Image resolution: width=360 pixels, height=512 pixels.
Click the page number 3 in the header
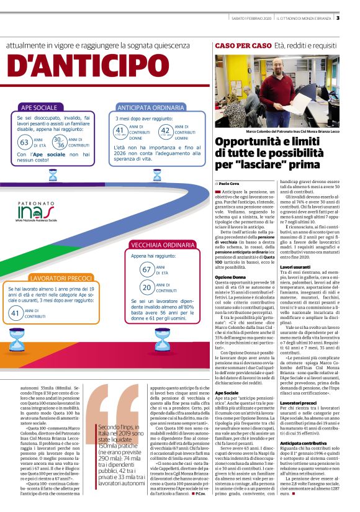click(354, 17)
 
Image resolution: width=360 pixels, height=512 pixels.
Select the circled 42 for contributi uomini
click(166, 131)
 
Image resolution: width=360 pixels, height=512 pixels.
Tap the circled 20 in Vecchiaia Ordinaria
click(148, 287)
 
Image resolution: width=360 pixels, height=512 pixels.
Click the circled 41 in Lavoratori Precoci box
click(16, 313)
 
